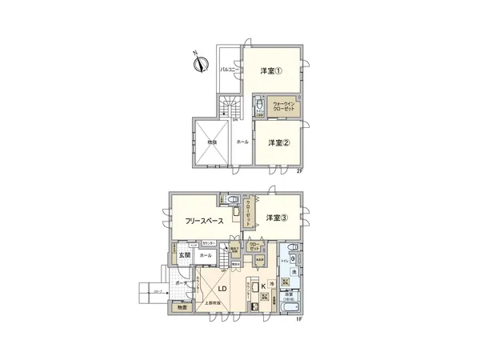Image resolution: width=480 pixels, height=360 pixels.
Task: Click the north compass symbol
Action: pyautogui.click(x=200, y=61)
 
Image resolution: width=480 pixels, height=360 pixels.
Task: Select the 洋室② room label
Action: pyautogui.click(x=278, y=143)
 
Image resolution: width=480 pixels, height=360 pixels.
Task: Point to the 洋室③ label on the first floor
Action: pyautogui.click(x=277, y=218)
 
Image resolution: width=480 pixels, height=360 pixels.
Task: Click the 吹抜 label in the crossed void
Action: pyautogui.click(x=212, y=143)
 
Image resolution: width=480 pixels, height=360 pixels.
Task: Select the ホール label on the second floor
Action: pyautogui.click(x=242, y=142)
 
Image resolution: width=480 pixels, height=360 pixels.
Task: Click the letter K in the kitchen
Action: pyautogui.click(x=263, y=286)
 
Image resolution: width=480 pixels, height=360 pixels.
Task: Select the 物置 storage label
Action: pyautogui.click(x=183, y=308)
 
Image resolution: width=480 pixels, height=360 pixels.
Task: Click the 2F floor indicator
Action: pyautogui.click(x=300, y=172)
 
